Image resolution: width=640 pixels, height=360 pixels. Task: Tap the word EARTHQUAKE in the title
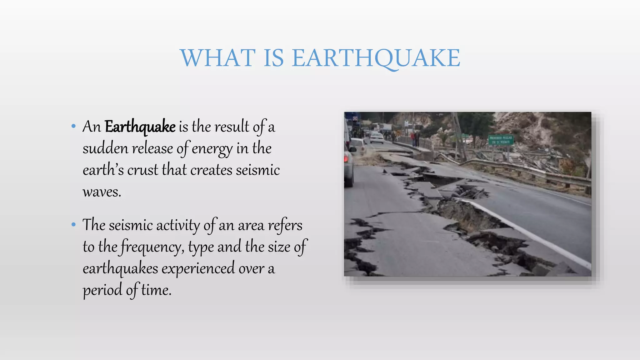pyautogui.click(x=376, y=58)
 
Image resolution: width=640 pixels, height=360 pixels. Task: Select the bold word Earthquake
pyautogui.click(x=140, y=127)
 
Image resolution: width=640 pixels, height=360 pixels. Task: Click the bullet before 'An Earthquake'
pyautogui.click(x=73, y=126)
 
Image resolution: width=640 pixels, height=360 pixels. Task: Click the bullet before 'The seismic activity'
pyautogui.click(x=73, y=224)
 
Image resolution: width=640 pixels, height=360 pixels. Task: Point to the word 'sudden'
pyautogui.click(x=105, y=148)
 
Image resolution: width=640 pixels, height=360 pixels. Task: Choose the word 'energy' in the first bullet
pyautogui.click(x=212, y=149)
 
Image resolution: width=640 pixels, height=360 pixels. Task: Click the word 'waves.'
pyautogui.click(x=102, y=192)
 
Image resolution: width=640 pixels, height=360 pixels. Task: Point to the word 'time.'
pyautogui.click(x=156, y=290)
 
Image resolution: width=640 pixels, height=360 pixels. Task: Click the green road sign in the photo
pyautogui.click(x=501, y=140)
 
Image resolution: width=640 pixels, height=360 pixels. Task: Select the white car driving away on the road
pyautogui.click(x=376, y=138)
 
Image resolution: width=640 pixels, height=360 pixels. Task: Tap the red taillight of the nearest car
pyautogui.click(x=346, y=158)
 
